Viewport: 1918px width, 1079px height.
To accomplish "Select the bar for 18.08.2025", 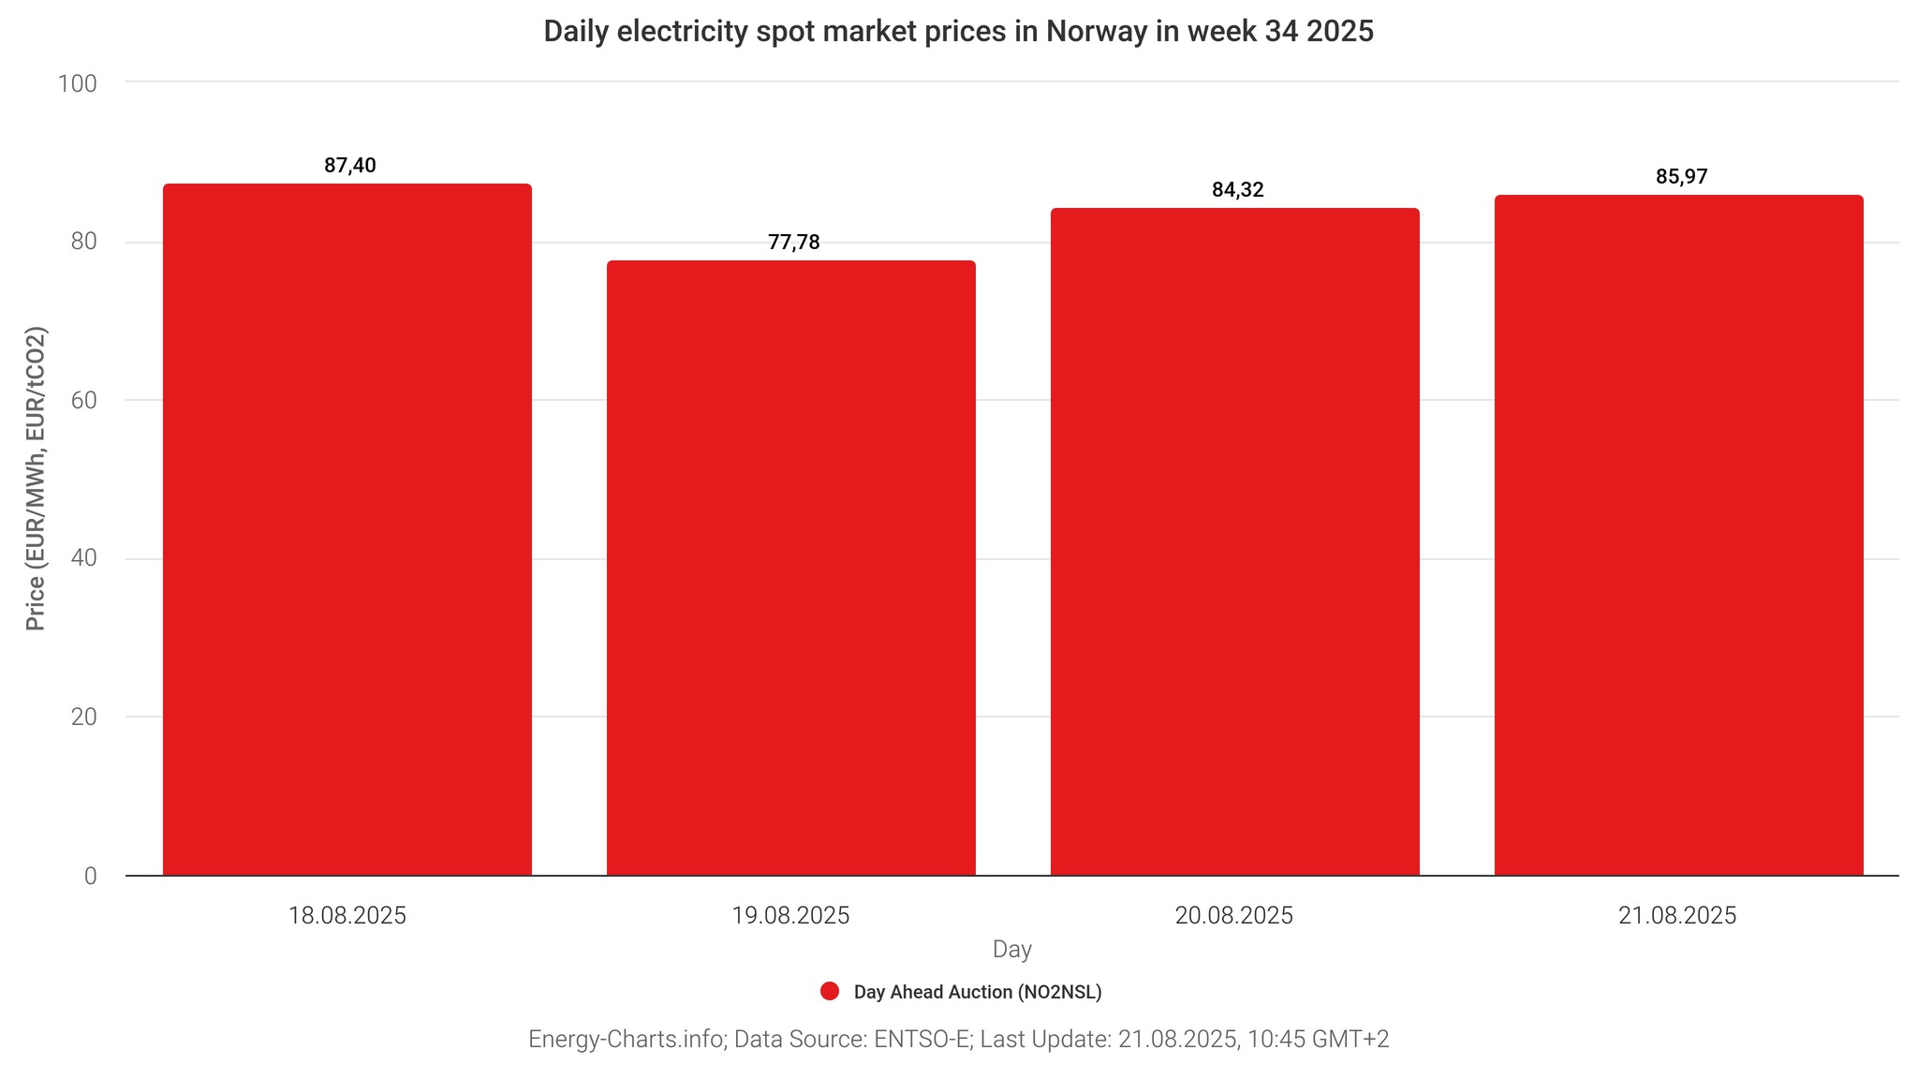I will tap(347, 529).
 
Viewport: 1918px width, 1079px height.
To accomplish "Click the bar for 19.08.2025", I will tap(791, 568).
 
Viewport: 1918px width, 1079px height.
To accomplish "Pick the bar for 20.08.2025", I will tap(1234, 541).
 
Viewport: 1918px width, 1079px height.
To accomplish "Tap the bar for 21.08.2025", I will tap(1678, 535).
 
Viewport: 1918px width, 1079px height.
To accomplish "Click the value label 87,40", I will tap(350, 166).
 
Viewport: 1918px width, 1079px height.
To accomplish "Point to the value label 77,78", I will tap(793, 243).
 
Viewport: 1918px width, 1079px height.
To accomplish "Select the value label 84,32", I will tap(1237, 190).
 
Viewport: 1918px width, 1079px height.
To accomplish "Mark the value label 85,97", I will tap(1681, 177).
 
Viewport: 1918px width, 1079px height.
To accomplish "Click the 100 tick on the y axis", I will tap(78, 83).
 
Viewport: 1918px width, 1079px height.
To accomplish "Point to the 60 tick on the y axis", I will tap(83, 400).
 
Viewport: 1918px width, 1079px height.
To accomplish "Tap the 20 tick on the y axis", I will tap(83, 717).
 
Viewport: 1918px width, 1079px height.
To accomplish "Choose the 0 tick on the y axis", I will tap(90, 876).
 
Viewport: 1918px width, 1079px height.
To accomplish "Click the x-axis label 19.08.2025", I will tap(790, 915).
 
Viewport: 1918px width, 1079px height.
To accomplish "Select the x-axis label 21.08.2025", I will tap(1677, 915).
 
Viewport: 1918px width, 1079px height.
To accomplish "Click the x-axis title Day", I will tap(1011, 949).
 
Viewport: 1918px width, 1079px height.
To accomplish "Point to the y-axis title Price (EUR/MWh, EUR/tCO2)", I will tap(36, 479).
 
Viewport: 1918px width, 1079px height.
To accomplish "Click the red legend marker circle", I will tap(829, 992).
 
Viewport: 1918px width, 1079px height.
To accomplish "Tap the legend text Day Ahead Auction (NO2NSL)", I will tap(977, 992).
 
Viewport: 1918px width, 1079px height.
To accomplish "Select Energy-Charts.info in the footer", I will tap(627, 1039).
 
